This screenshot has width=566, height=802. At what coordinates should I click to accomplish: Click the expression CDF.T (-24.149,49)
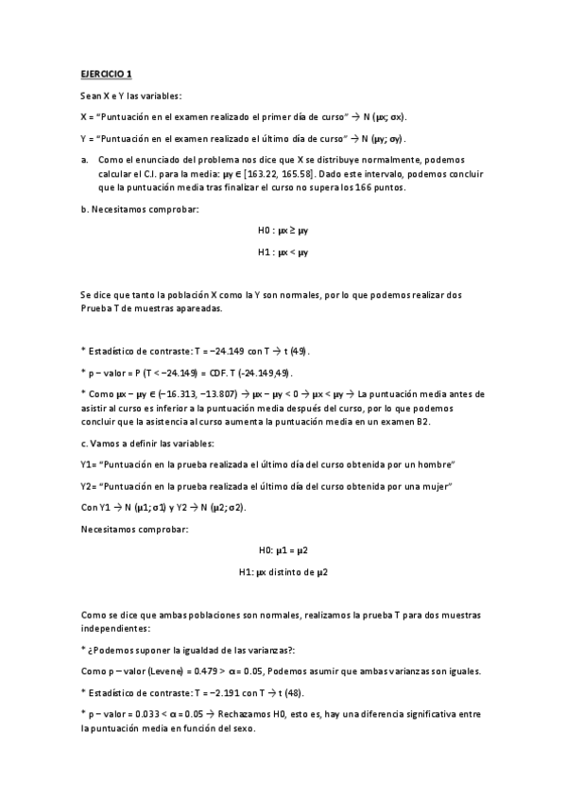coord(251,372)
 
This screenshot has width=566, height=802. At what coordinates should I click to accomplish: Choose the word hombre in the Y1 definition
coord(438,464)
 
